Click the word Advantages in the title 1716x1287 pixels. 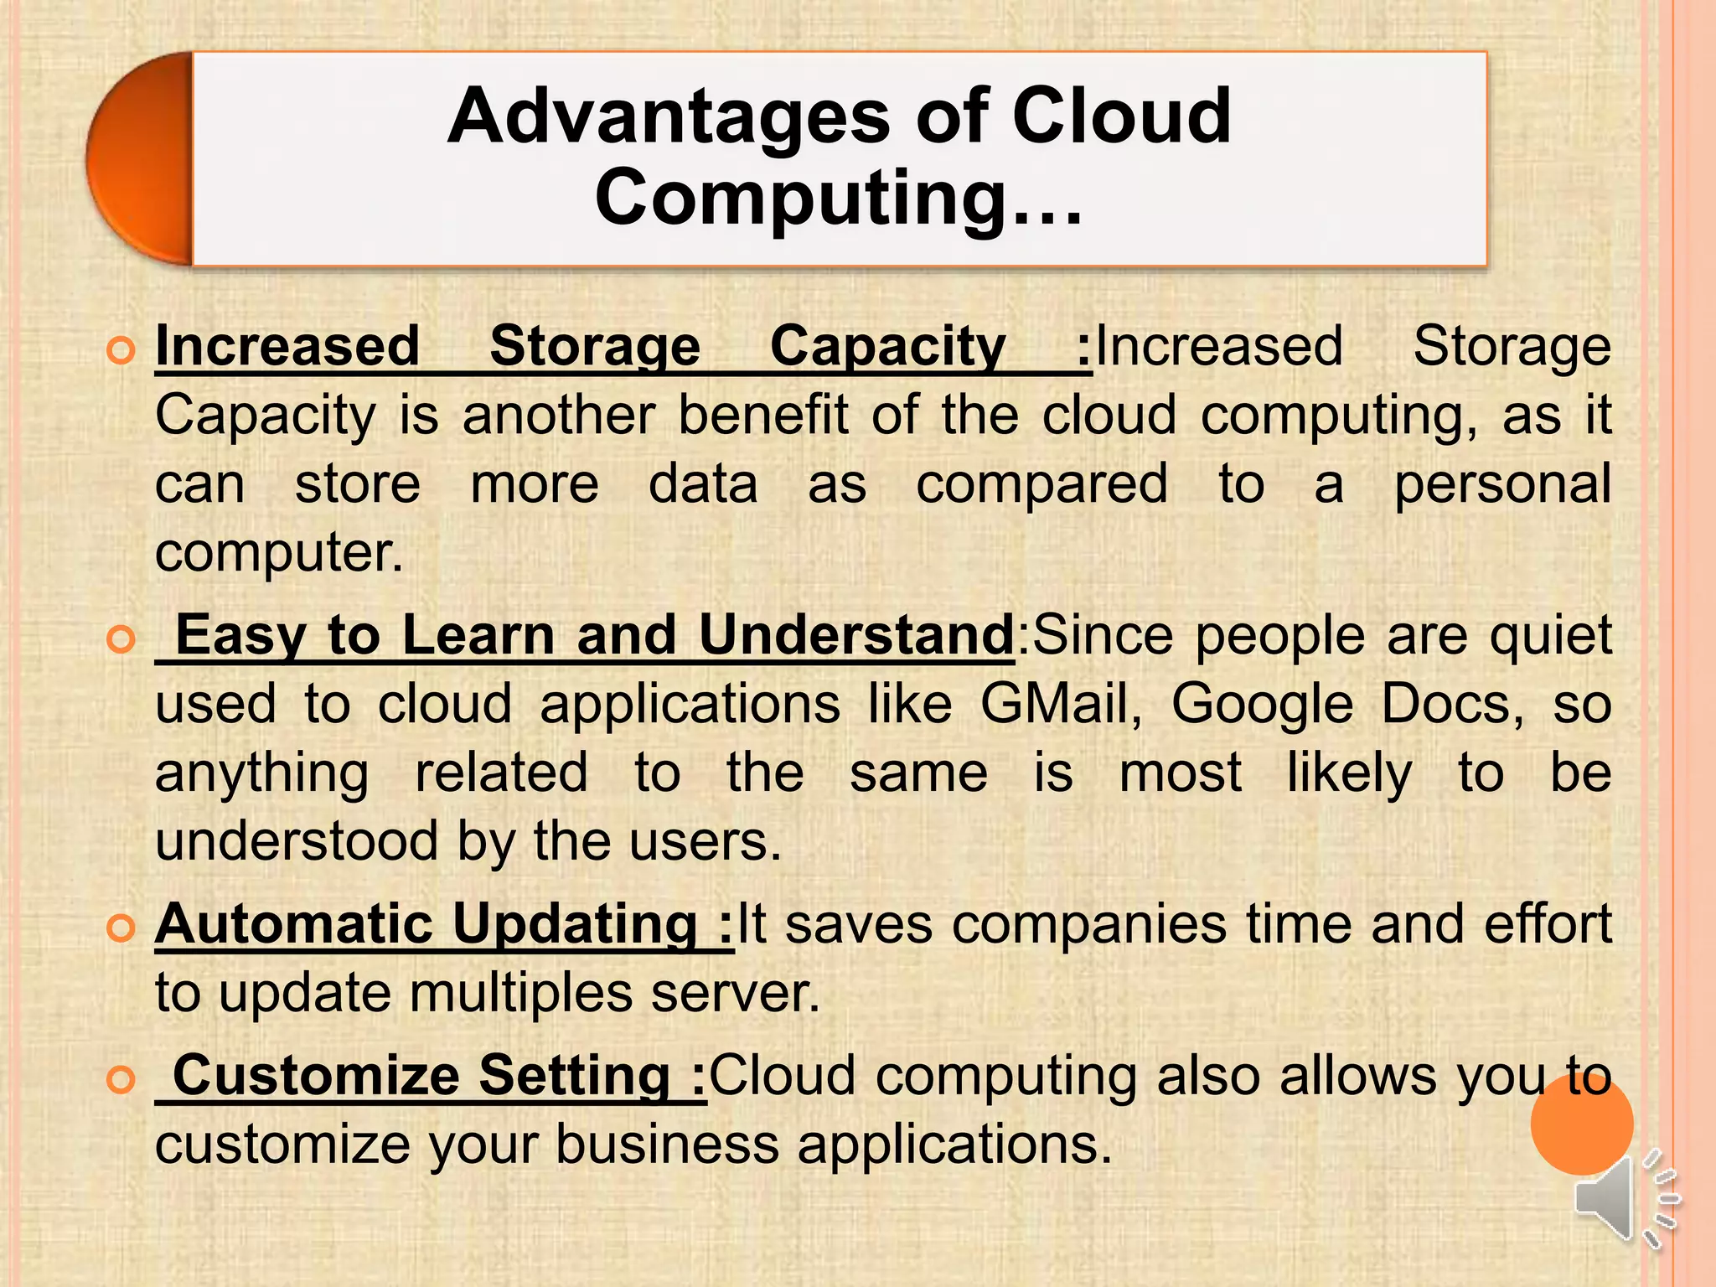point(668,117)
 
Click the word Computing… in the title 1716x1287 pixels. point(839,198)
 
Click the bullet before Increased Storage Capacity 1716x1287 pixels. point(121,350)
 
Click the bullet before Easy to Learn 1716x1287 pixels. point(121,639)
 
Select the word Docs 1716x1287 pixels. point(1453,704)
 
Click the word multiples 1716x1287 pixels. point(521,994)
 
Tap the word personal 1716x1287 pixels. point(1502,484)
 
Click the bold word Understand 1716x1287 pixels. point(856,635)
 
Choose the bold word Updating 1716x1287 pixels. point(575,924)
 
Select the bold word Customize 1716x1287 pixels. point(315,1076)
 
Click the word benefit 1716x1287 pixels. point(763,416)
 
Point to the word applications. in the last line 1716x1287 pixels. point(954,1145)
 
